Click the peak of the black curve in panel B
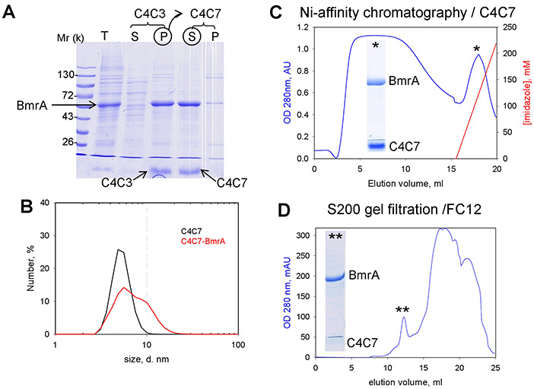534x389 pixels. click(118, 249)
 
